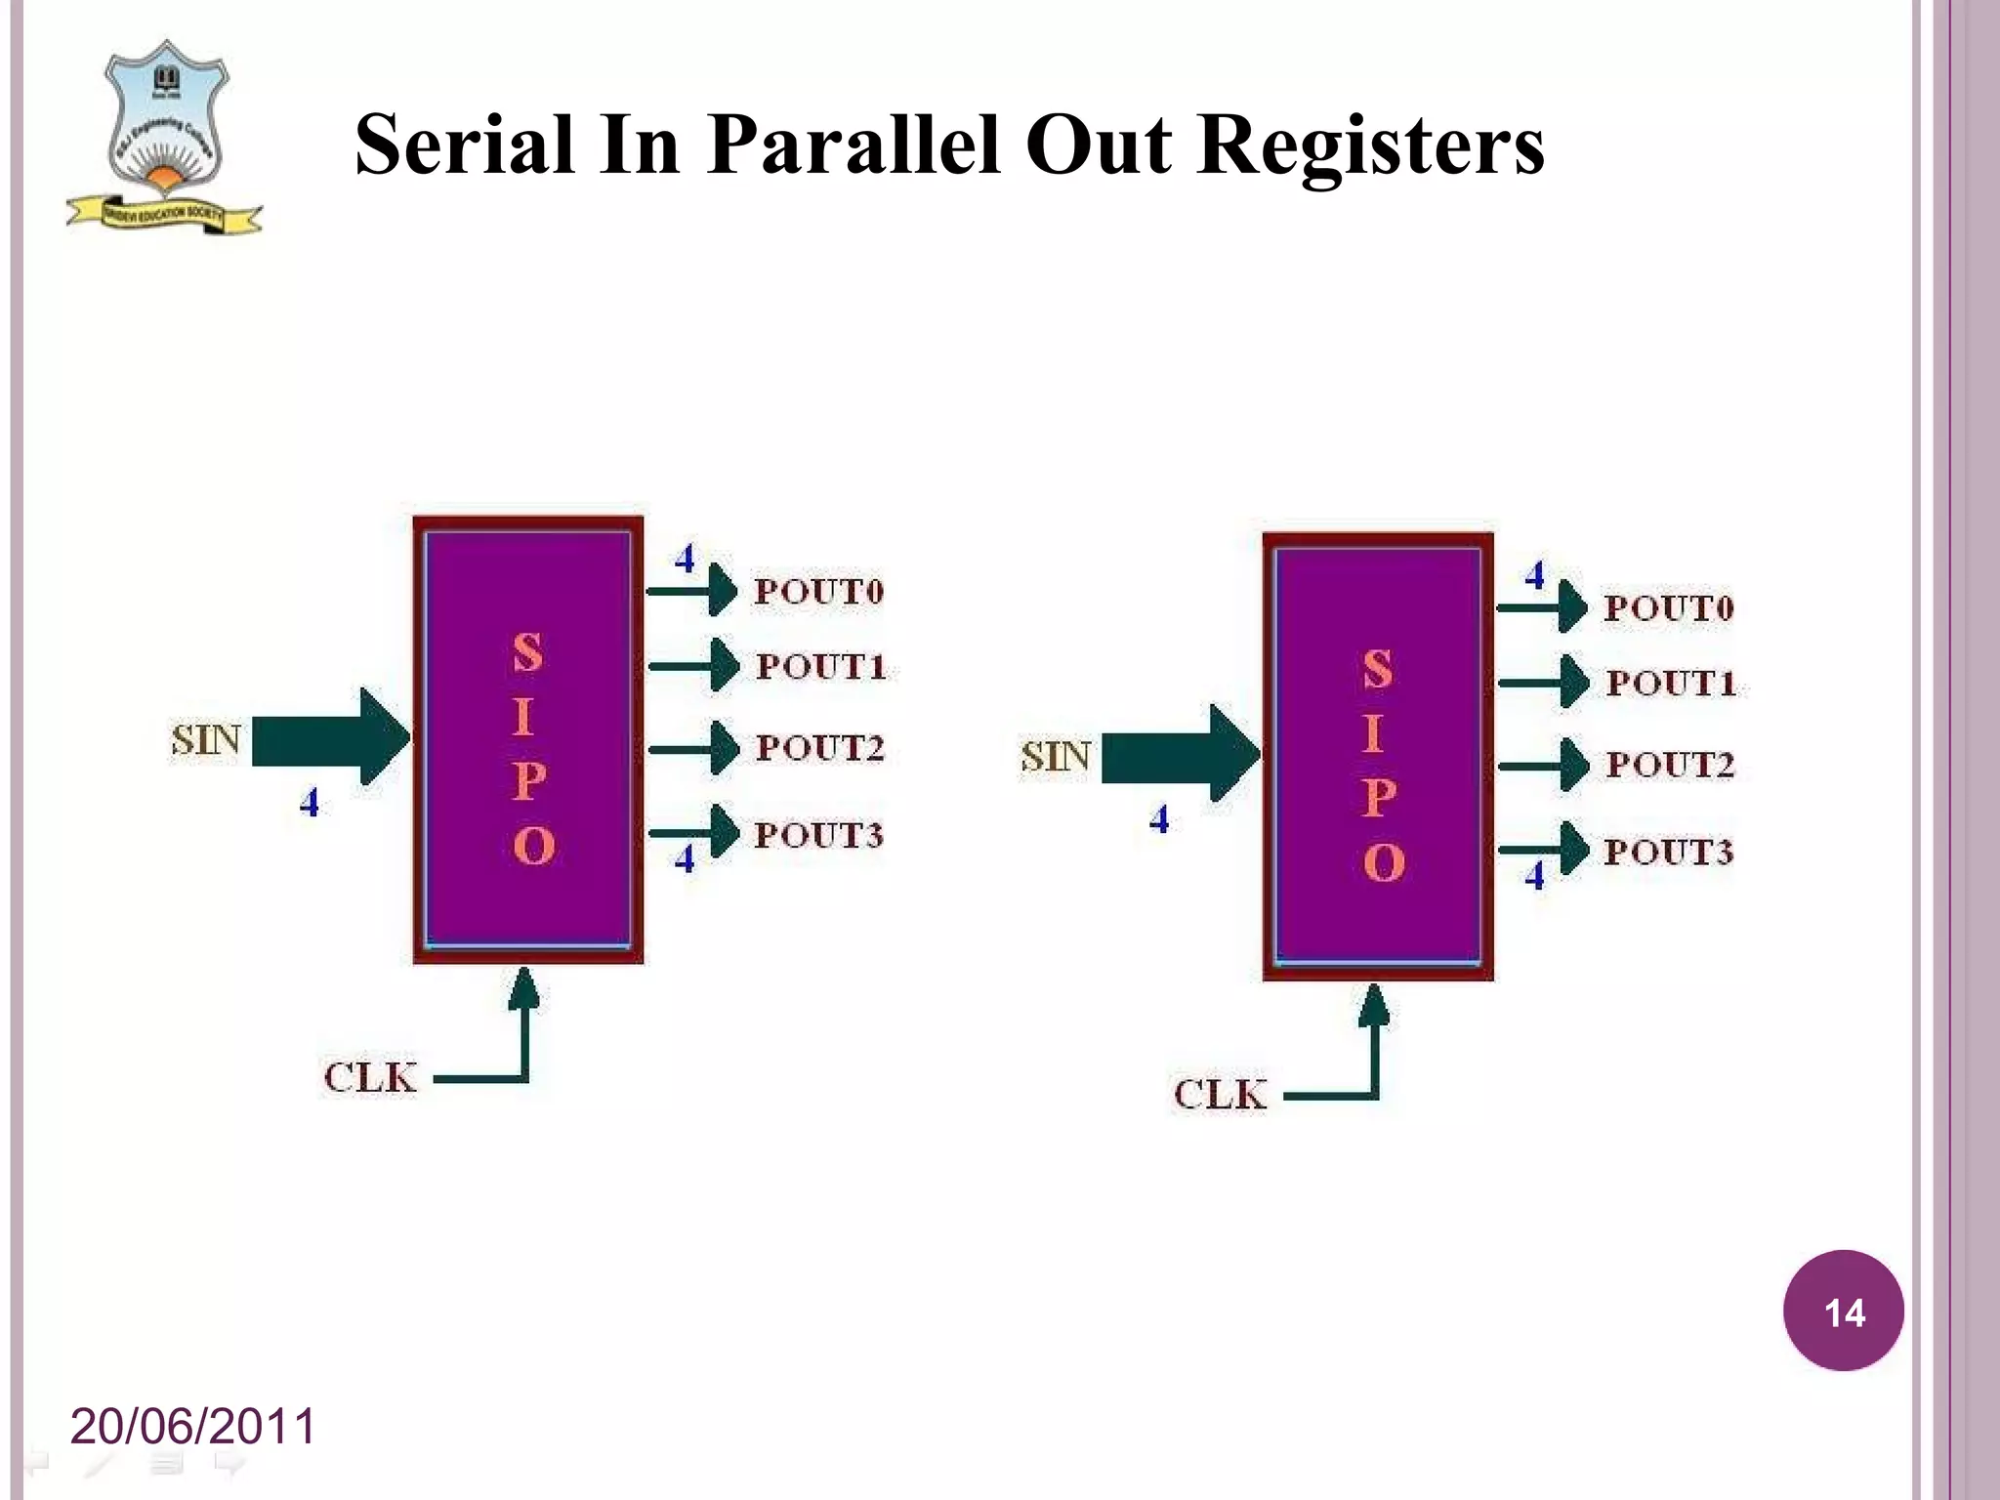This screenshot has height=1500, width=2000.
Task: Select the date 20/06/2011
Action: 193,1426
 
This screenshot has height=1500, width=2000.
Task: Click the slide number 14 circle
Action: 1843,1312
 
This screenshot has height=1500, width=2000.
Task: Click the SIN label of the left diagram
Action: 205,739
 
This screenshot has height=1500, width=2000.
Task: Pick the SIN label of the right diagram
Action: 1055,756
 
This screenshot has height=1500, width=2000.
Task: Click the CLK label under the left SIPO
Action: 370,1078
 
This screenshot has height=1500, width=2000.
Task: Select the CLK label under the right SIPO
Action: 1221,1095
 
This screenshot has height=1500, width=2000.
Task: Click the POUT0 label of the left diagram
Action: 818,591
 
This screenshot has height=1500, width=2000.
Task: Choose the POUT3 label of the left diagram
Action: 818,835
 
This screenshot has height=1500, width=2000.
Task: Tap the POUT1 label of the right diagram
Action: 1671,683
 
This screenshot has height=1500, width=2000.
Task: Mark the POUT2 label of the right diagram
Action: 1670,764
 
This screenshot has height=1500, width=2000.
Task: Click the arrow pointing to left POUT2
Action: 693,749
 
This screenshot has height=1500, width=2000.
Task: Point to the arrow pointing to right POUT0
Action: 1543,606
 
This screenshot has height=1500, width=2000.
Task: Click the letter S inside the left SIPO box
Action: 527,652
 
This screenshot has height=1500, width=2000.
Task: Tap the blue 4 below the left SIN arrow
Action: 310,803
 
